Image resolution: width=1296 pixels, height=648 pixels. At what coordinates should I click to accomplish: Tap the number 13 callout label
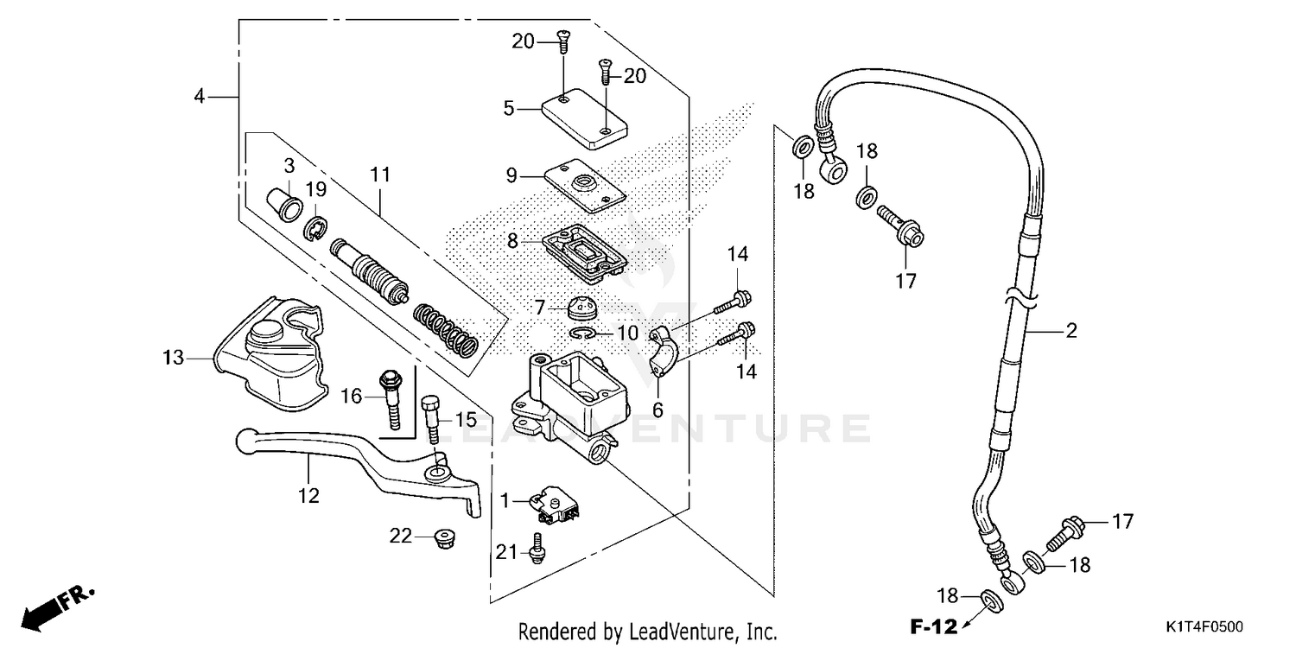pos(174,357)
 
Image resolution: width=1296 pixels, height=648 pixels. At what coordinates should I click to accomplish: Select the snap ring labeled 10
pos(583,334)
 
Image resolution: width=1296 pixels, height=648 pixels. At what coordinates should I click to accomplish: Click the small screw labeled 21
pos(537,550)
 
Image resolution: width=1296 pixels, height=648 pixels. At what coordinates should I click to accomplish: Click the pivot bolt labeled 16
pos(391,397)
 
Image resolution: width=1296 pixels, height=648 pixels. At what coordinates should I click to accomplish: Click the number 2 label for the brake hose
pos(1070,330)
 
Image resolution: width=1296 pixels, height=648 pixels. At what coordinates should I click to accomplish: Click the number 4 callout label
pos(200,97)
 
